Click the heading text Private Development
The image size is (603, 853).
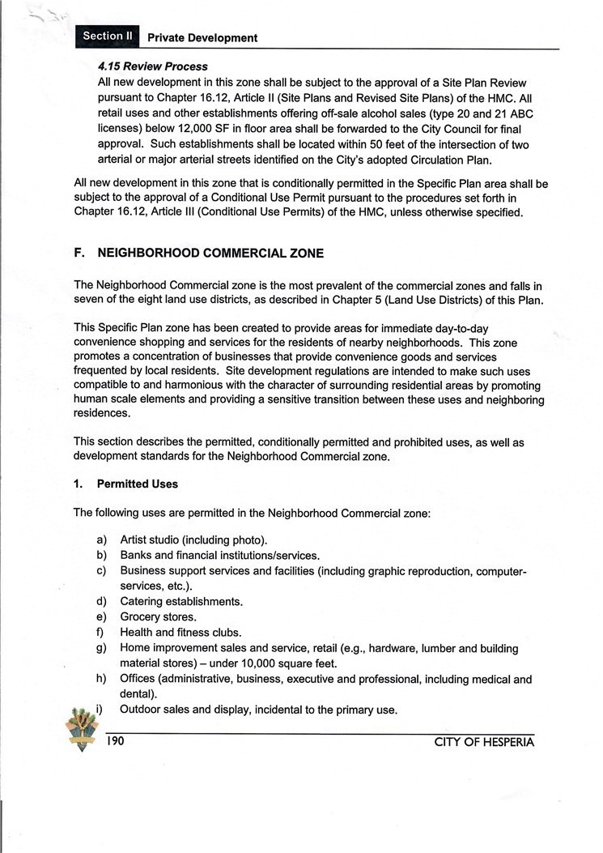[202, 38]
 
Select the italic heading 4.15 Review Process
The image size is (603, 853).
[152, 66]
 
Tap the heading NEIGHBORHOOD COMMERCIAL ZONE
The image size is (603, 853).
[210, 254]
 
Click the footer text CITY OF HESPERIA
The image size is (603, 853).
[484, 741]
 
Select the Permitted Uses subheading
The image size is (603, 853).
[137, 484]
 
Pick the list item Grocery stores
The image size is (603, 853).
[158, 617]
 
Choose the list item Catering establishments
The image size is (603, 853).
[180, 602]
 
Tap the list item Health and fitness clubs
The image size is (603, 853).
[180, 633]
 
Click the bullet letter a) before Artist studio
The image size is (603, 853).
[102, 540]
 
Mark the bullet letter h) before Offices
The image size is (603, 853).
[102, 680]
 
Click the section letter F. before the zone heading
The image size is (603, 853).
[79, 254]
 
